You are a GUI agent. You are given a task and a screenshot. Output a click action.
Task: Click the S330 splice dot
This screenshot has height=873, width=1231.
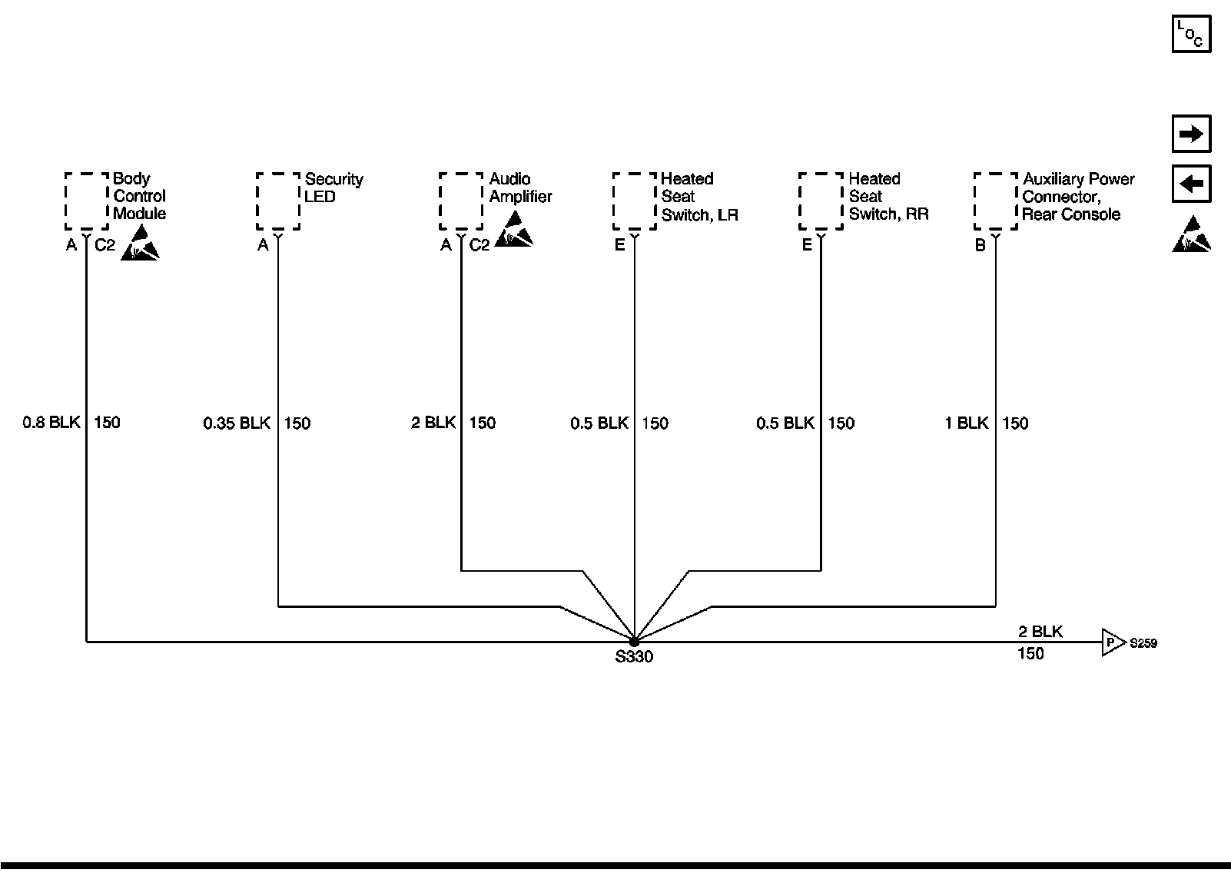[x=634, y=641]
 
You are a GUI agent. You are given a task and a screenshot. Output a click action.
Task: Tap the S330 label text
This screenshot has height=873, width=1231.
[x=634, y=657]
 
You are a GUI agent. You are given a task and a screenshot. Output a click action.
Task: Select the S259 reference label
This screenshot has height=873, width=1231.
[x=1143, y=643]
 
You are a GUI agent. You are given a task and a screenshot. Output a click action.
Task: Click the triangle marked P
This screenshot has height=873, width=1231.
[x=1111, y=642]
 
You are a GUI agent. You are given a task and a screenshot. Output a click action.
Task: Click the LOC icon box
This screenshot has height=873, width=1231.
[x=1191, y=34]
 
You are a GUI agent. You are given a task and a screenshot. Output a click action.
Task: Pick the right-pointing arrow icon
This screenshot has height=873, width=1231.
[x=1191, y=134]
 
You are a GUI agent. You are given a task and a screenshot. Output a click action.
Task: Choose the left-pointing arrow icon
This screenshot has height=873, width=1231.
[x=1191, y=184]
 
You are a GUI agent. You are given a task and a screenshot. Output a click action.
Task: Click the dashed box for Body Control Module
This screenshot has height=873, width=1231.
[x=86, y=201]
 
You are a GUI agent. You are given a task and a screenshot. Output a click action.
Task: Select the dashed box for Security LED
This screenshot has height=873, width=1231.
[x=277, y=201]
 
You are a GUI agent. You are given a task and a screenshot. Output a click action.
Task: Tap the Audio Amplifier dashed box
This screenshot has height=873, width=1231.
[x=461, y=201]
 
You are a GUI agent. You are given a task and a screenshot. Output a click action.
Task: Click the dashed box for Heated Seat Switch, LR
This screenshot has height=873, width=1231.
[x=635, y=201]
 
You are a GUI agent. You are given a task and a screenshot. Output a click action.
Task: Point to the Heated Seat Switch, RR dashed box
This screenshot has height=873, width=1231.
[x=821, y=201]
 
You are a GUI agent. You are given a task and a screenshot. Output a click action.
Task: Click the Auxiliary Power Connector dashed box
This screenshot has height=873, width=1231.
[x=996, y=201]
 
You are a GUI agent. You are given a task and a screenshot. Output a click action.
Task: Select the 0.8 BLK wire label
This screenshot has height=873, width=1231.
[x=51, y=422]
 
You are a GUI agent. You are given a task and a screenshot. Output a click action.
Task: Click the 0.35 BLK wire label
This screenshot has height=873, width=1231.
[x=237, y=423]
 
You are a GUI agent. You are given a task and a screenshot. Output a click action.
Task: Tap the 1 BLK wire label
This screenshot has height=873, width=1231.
[x=967, y=423]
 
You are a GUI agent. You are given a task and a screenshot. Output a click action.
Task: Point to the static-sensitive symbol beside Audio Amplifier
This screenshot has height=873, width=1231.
[x=513, y=230]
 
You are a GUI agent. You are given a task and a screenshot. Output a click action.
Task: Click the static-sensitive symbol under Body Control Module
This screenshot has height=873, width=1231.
[x=140, y=242]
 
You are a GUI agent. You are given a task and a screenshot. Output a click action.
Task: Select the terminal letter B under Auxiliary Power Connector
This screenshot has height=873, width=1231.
[x=980, y=246]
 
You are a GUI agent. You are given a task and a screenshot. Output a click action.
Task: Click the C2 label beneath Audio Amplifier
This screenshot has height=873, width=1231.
[x=479, y=245]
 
